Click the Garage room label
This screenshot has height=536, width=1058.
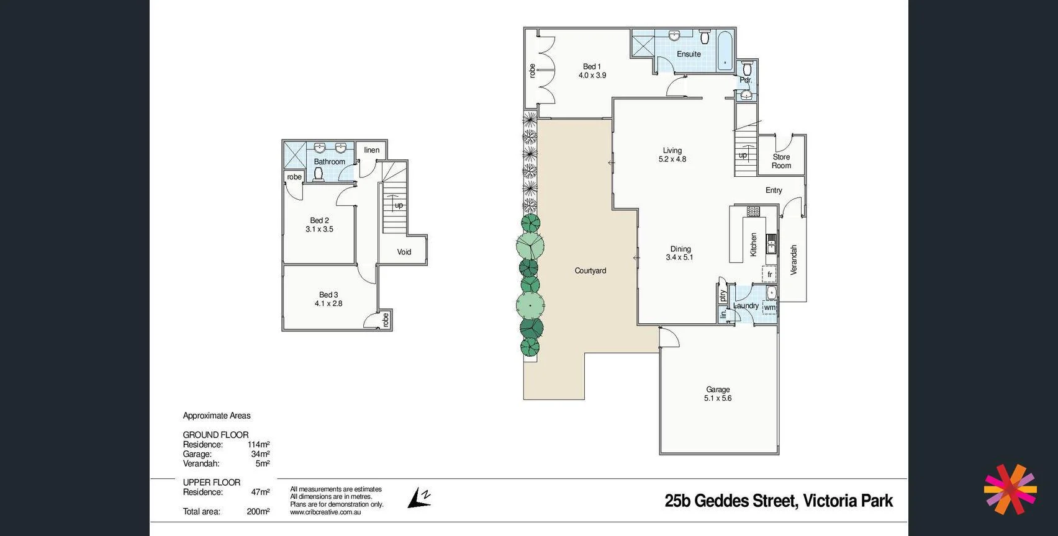pyautogui.click(x=718, y=390)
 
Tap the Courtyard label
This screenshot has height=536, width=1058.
pyautogui.click(x=590, y=270)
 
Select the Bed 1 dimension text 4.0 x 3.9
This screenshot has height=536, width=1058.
pyautogui.click(x=592, y=75)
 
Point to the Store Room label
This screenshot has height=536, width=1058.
pyautogui.click(x=781, y=161)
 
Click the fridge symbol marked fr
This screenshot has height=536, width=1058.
pyautogui.click(x=769, y=274)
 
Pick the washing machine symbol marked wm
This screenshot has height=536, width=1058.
pyautogui.click(x=769, y=307)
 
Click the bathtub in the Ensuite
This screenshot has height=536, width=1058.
pyautogui.click(x=725, y=50)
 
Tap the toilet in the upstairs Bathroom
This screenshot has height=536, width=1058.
pyautogui.click(x=319, y=173)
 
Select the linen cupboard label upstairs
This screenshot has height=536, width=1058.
pyautogui.click(x=371, y=150)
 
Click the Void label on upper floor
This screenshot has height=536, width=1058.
pyautogui.click(x=404, y=252)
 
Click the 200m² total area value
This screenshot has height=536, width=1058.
pyautogui.click(x=258, y=512)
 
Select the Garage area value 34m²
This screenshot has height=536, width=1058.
pyautogui.click(x=260, y=454)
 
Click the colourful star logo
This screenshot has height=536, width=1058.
pyautogui.click(x=1010, y=489)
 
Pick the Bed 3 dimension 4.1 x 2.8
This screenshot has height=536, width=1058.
pyautogui.click(x=328, y=303)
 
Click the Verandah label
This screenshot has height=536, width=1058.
pyautogui.click(x=793, y=260)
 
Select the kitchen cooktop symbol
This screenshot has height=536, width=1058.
pyautogui.click(x=753, y=212)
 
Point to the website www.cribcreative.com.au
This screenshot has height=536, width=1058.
pyautogui.click(x=325, y=512)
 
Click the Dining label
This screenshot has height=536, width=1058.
pyautogui.click(x=680, y=249)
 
